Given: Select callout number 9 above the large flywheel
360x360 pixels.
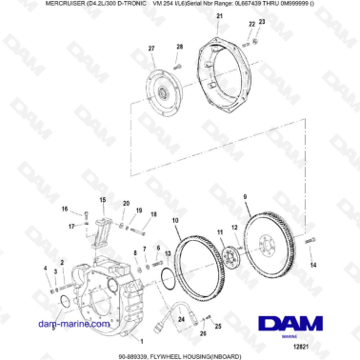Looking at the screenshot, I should (245, 195).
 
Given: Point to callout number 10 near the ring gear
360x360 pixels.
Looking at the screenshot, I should (174, 222).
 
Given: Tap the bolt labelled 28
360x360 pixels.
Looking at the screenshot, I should (179, 62).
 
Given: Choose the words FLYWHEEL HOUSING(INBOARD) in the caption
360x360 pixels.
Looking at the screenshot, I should (207, 354).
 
